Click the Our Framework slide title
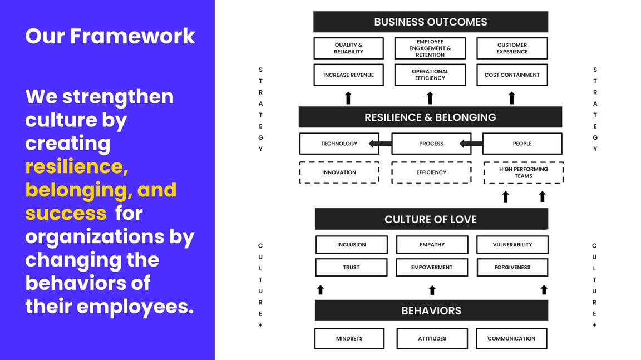point(110,36)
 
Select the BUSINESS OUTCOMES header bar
point(430,22)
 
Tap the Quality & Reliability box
point(348,48)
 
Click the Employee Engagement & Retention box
point(430,48)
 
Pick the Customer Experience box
point(512,48)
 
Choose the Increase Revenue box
point(348,75)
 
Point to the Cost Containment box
point(512,75)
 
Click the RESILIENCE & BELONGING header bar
point(430,117)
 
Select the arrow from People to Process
point(471,144)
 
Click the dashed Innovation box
point(339,172)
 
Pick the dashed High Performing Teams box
point(523,172)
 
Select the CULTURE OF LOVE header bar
point(431,219)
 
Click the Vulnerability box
point(512,245)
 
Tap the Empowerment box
point(431,268)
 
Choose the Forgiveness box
point(512,268)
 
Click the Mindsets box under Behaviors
point(349,338)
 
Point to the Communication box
point(511,338)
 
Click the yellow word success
point(66,213)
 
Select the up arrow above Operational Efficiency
point(430,98)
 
